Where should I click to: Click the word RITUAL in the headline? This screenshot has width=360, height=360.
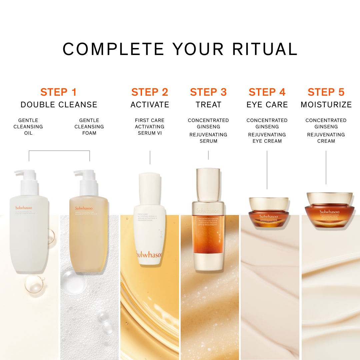[265, 49]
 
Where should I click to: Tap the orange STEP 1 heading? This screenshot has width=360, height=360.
[58, 92]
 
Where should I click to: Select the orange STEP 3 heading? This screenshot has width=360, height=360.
[208, 92]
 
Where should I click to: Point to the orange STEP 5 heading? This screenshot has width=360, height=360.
[326, 92]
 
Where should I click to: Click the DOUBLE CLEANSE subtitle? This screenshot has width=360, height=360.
[59, 105]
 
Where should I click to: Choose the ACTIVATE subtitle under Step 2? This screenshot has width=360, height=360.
[150, 105]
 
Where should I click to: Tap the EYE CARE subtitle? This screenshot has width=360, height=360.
[267, 105]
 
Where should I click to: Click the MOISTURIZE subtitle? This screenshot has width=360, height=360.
[326, 105]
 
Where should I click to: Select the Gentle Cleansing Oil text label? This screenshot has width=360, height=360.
[28, 127]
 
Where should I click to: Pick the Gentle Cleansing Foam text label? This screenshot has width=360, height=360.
[89, 127]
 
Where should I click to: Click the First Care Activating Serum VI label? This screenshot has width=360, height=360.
[150, 127]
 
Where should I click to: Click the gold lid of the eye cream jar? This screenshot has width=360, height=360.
[269, 203]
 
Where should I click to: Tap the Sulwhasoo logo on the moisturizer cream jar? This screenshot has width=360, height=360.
[329, 212]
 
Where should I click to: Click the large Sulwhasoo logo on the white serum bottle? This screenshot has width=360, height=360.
[149, 255]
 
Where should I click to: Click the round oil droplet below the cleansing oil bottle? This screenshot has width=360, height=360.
[35, 286]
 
